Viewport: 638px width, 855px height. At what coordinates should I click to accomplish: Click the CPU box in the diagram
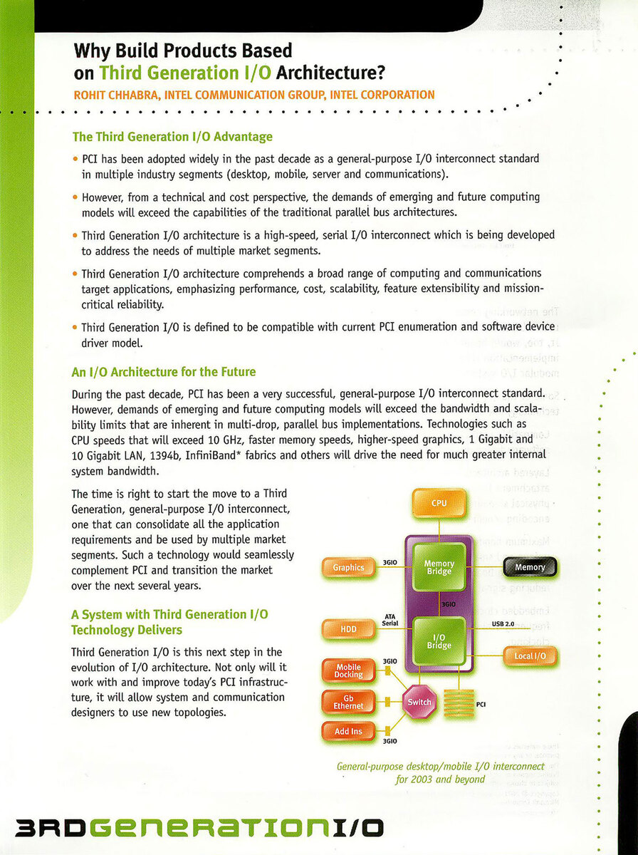pos(439,504)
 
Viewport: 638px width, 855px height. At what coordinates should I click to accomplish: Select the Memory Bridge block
pos(439,567)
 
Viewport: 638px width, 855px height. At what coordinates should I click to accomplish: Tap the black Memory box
pos(530,567)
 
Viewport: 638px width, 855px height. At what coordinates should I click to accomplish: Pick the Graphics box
pos(349,568)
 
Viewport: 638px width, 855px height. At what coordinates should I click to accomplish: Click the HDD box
pos(349,630)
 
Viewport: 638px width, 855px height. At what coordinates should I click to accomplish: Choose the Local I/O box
pos(530,655)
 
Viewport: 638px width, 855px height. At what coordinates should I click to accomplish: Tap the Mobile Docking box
pos(349,671)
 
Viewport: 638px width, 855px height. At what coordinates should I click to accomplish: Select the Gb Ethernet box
pos(349,702)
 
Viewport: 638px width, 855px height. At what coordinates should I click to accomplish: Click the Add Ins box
pos(349,731)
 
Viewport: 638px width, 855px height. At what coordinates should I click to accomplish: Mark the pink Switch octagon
pos(419,702)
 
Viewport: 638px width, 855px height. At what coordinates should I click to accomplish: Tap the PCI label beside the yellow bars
pos(481,705)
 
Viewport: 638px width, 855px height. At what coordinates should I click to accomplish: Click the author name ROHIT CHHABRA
pos(115,95)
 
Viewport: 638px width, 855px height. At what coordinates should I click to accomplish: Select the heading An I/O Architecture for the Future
pos(163,372)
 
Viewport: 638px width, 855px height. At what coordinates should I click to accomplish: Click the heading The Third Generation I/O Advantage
pos(172,136)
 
